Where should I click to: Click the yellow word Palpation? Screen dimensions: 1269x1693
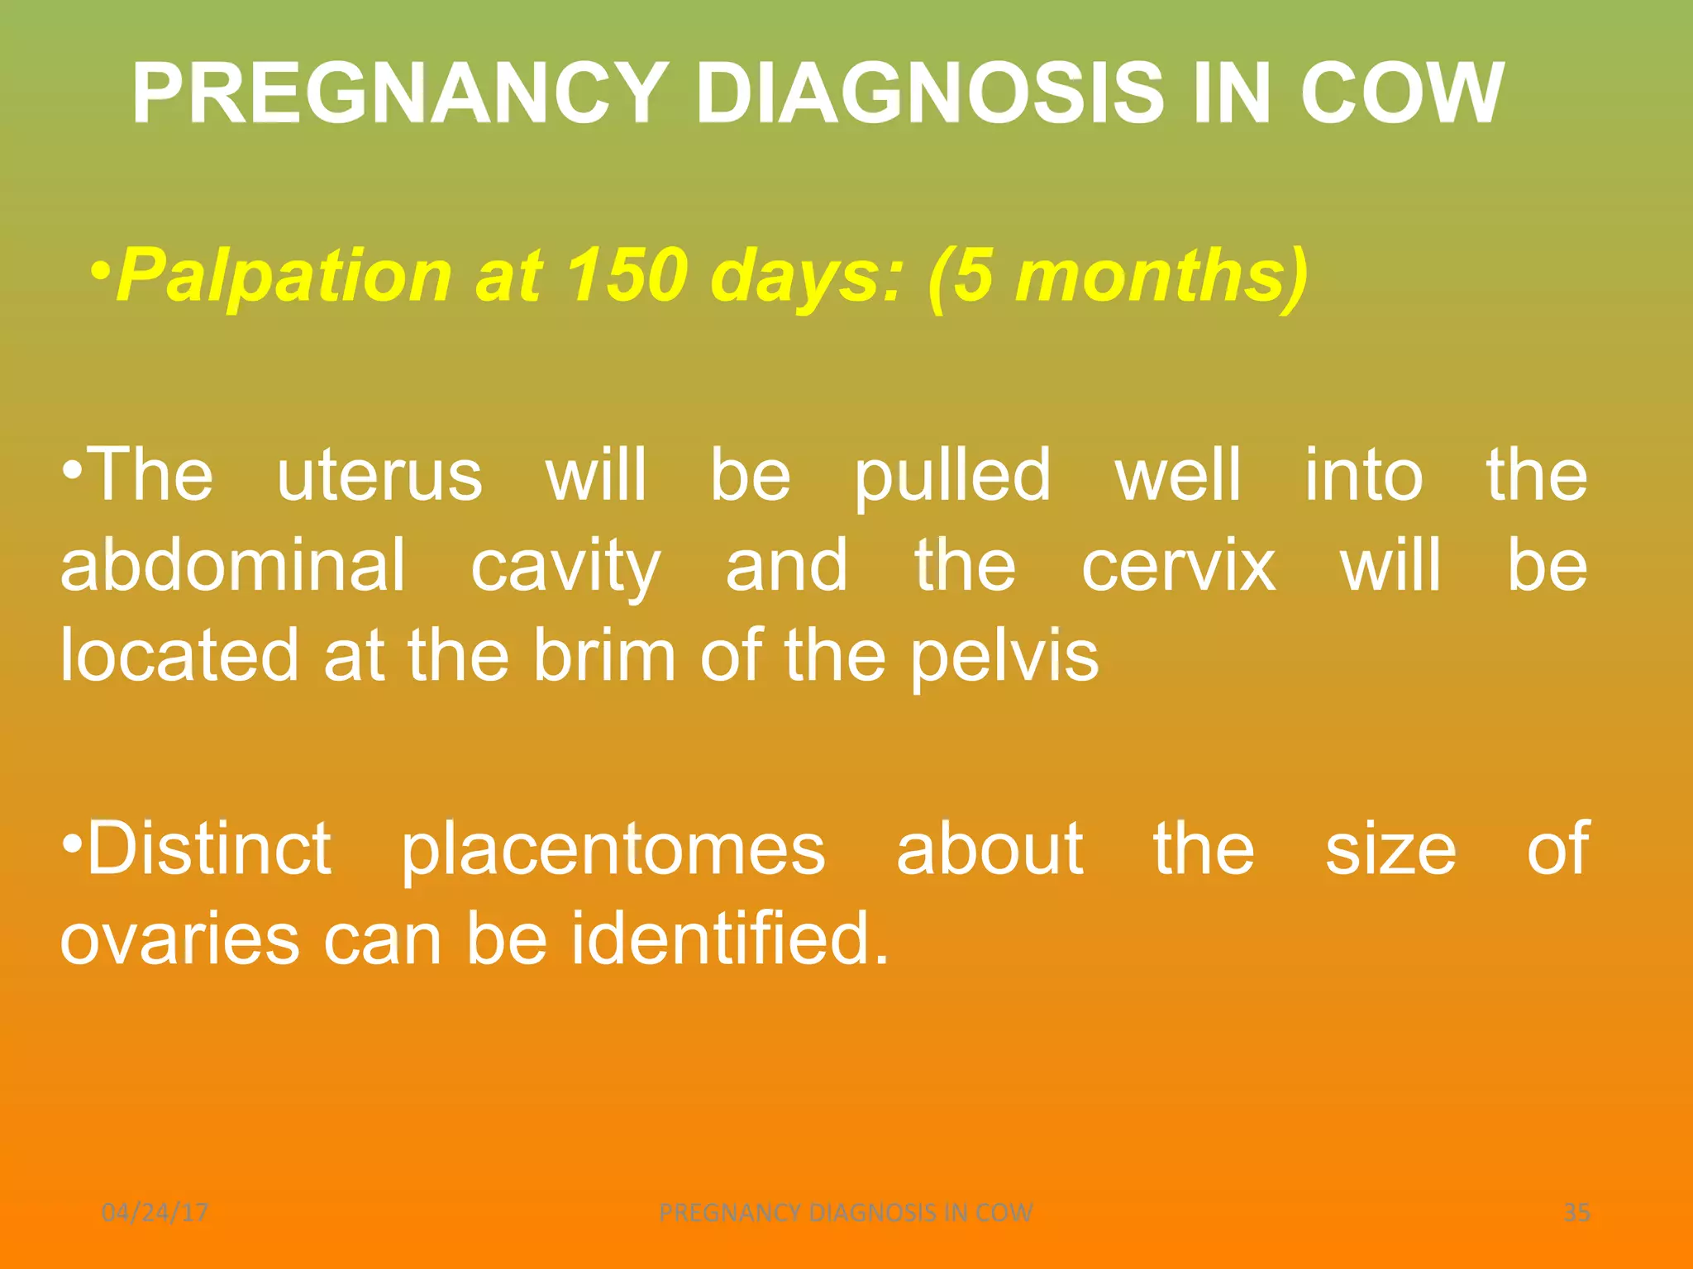[x=284, y=274]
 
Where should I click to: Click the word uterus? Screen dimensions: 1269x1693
[x=379, y=475]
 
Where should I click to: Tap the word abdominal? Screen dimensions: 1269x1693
[x=233, y=565]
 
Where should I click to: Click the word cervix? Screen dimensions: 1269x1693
[x=1179, y=567]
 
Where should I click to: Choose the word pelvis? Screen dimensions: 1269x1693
[x=1004, y=658]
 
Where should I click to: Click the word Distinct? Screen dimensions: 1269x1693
[x=209, y=848]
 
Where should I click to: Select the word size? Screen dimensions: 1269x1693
[x=1390, y=849]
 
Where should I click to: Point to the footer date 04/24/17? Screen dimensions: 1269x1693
[x=155, y=1212]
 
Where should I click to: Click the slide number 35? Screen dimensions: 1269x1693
[x=1576, y=1212]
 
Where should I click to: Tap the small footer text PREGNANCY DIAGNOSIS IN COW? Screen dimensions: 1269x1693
[x=846, y=1212]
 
